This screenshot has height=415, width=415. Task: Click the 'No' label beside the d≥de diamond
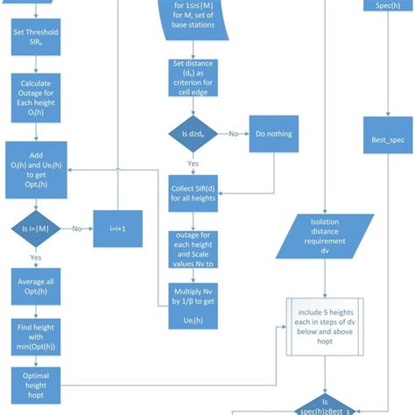point(235,135)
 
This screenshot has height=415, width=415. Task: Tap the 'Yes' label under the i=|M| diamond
point(36,258)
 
